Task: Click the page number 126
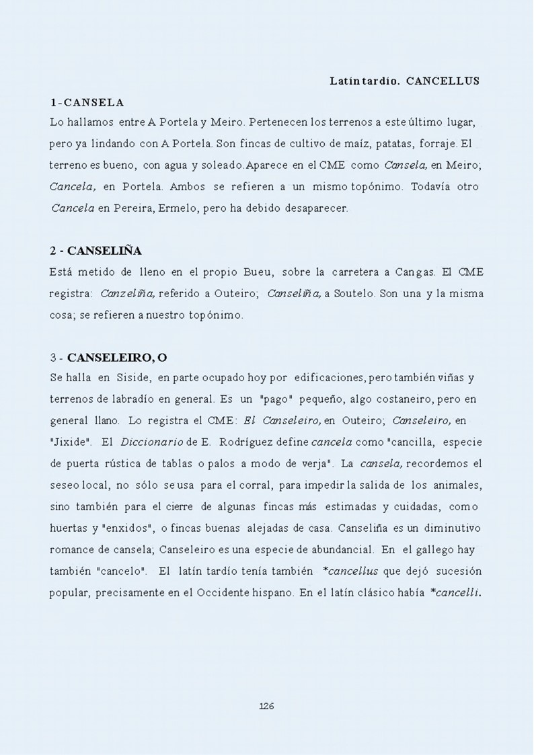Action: coord(266,705)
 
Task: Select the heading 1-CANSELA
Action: coord(87,102)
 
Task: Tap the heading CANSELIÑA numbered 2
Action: coord(96,251)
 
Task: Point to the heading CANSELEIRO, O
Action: coord(118,357)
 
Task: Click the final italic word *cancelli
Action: coord(457,593)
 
